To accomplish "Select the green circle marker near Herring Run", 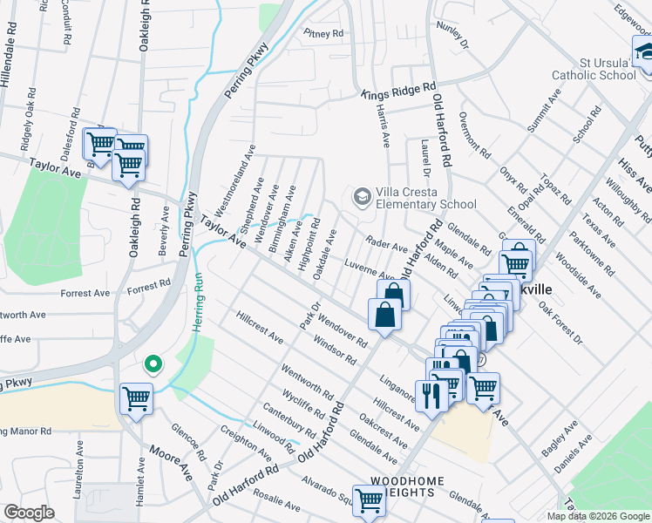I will [x=153, y=363].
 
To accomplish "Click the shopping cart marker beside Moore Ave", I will [x=137, y=399].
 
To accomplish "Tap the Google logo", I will [x=30, y=513].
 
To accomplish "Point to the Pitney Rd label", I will [x=323, y=34].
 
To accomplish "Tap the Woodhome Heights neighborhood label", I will [x=409, y=486].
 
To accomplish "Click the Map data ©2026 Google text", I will [x=597, y=516].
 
